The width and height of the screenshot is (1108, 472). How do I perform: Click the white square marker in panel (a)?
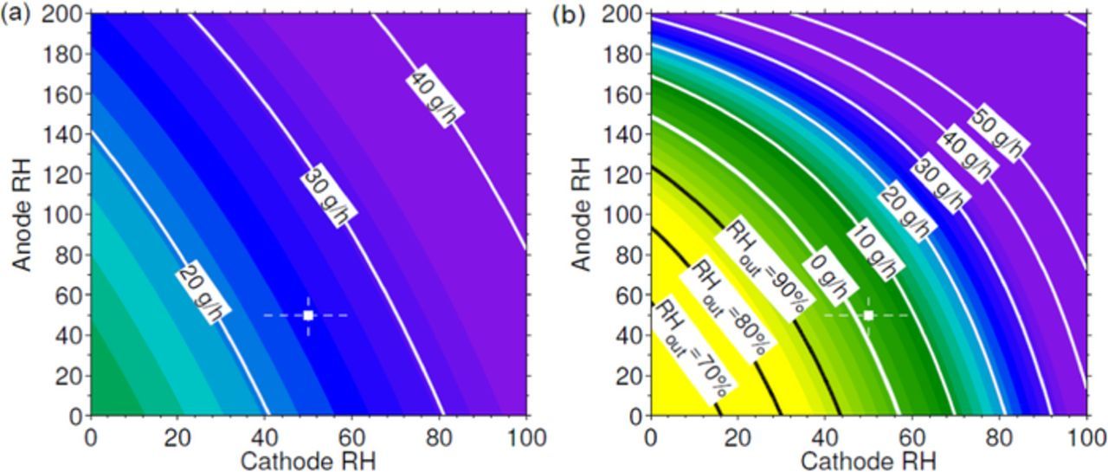(308, 315)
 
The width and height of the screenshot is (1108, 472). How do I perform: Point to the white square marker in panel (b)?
(868, 315)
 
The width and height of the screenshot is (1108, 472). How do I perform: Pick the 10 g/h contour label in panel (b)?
(874, 249)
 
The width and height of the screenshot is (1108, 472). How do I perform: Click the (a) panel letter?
(15, 15)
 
